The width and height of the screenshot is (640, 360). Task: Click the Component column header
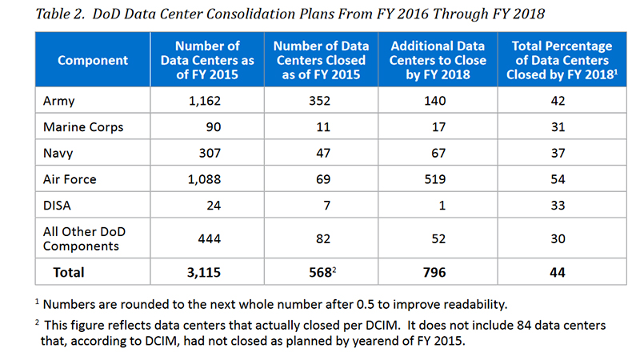92,60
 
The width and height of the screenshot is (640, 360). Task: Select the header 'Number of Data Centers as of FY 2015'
207,60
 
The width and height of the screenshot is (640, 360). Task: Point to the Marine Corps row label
83,127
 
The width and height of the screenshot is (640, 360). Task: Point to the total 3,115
204,272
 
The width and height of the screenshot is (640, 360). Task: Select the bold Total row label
68,272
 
